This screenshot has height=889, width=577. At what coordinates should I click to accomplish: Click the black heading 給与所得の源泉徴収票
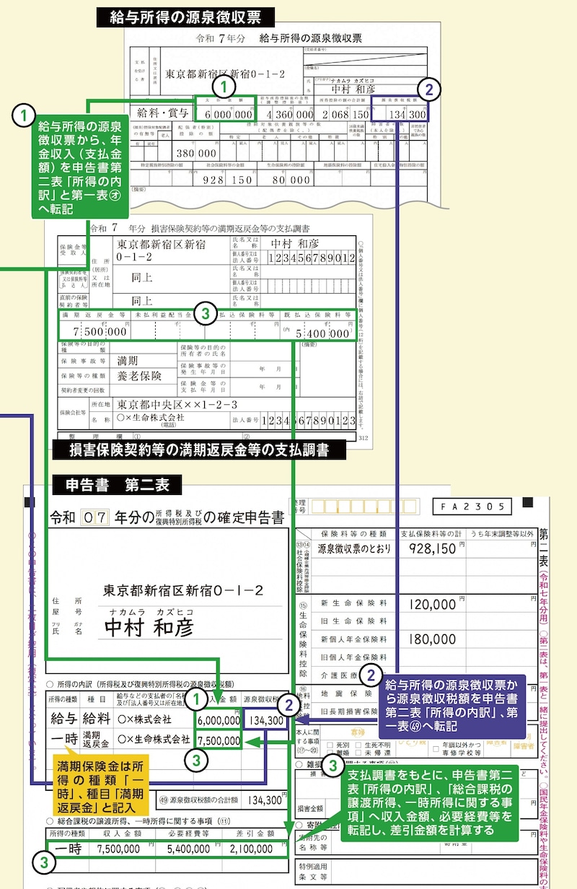[184, 17]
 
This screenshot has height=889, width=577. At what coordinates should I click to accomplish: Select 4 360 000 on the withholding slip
[289, 114]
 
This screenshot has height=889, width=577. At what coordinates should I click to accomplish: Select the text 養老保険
[140, 376]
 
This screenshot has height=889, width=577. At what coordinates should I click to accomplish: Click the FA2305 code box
[472, 506]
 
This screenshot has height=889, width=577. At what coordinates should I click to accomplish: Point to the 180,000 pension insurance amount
[431, 639]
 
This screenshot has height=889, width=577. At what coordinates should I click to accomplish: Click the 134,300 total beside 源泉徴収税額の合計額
[260, 800]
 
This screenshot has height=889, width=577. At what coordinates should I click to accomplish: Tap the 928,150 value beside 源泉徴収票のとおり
[431, 548]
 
